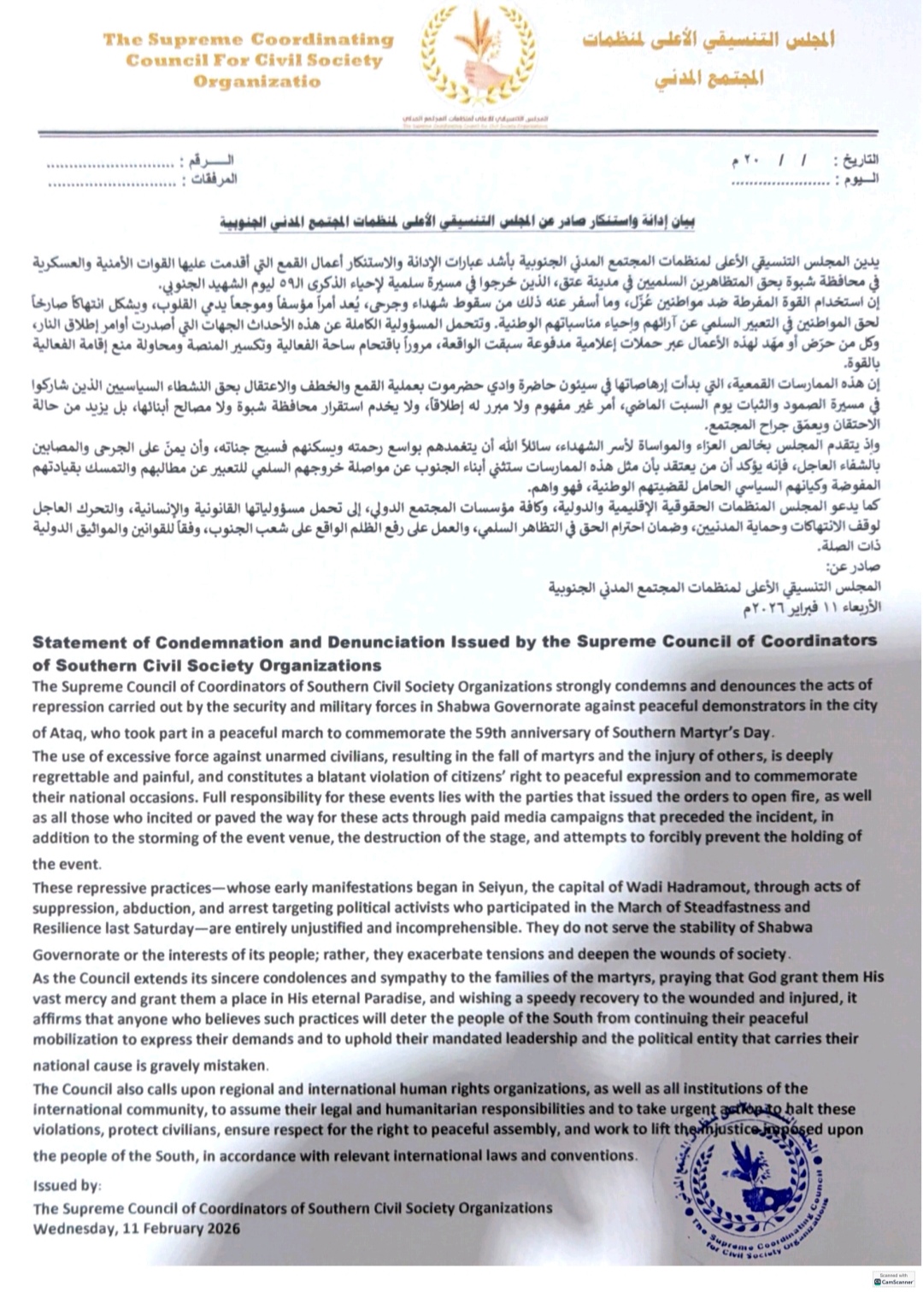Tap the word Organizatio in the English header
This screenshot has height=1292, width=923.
coord(256,82)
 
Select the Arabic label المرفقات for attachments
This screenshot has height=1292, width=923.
coord(214,179)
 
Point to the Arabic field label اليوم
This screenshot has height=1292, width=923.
coord(859,179)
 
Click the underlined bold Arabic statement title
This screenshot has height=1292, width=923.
coord(457,223)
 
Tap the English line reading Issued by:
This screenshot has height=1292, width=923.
coord(67,1186)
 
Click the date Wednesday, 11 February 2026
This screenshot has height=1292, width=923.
coord(137,1229)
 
